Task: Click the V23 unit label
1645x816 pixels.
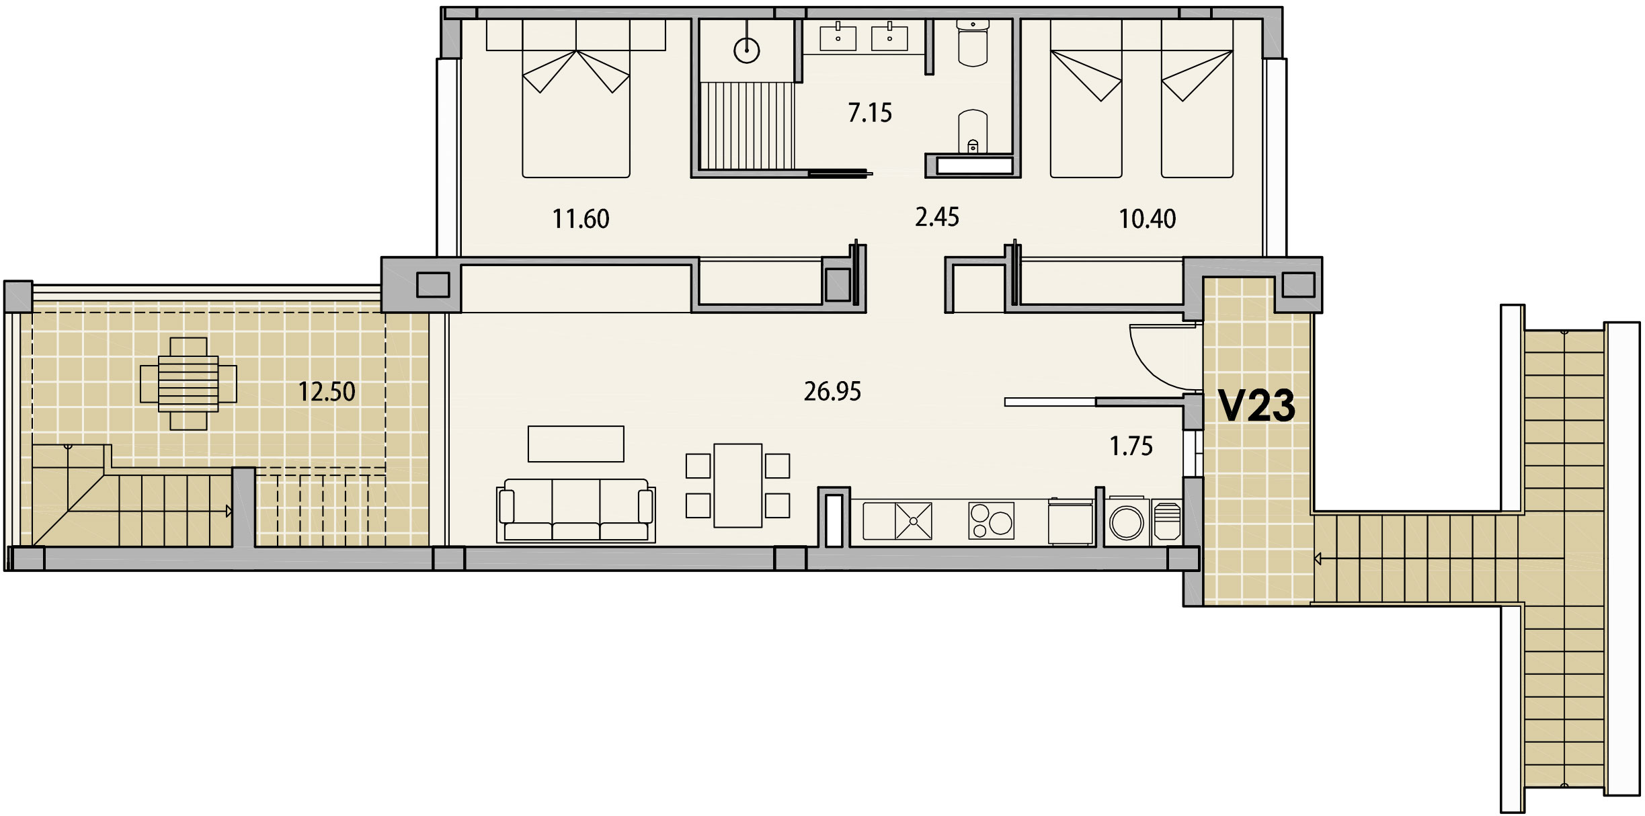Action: point(1256,406)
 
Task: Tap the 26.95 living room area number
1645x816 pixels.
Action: point(832,391)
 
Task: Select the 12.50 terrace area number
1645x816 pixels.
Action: point(327,391)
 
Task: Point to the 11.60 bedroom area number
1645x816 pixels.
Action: point(581,219)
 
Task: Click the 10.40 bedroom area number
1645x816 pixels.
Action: point(1148,219)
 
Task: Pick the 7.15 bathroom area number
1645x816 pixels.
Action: point(870,113)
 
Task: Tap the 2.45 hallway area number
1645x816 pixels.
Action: point(937,217)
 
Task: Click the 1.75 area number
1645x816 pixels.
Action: point(1131,446)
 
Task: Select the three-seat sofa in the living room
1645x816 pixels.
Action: point(575,510)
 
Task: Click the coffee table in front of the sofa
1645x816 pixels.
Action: point(576,444)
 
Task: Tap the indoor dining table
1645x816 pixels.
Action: point(738,485)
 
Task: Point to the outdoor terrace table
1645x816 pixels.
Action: point(188,384)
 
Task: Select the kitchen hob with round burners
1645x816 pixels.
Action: point(991,521)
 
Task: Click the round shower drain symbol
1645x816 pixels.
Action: point(746,50)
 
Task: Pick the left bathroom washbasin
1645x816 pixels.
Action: point(838,38)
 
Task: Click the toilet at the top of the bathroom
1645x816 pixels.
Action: point(972,42)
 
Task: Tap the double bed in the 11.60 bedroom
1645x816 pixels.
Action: point(576,98)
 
